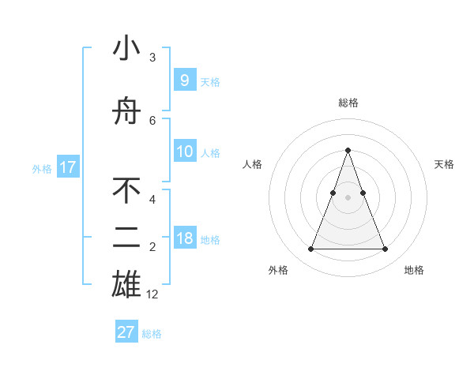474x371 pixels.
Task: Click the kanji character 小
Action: [126, 49]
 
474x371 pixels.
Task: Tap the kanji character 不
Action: [126, 189]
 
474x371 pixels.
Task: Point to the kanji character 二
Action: [126, 238]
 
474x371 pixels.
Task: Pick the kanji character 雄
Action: [126, 283]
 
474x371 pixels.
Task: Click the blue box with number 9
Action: [184, 80]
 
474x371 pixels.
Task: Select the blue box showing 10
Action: [184, 152]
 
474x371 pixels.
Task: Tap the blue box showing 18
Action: [184, 238]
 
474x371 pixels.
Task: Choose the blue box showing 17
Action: [67, 167]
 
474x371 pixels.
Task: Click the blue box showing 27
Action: [126, 332]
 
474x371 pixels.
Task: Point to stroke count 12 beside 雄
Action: [152, 294]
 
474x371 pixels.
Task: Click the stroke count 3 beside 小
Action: [152, 58]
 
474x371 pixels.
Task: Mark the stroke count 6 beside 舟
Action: [152, 120]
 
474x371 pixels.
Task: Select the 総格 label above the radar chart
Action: [348, 103]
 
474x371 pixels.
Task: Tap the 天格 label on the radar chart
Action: [444, 164]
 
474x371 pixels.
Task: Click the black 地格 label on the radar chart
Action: [414, 270]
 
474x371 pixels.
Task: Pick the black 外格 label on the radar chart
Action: [278, 270]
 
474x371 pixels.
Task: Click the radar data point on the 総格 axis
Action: [348, 150]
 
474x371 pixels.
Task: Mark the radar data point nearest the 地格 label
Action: [385, 249]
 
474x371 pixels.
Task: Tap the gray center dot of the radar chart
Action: [348, 197]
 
